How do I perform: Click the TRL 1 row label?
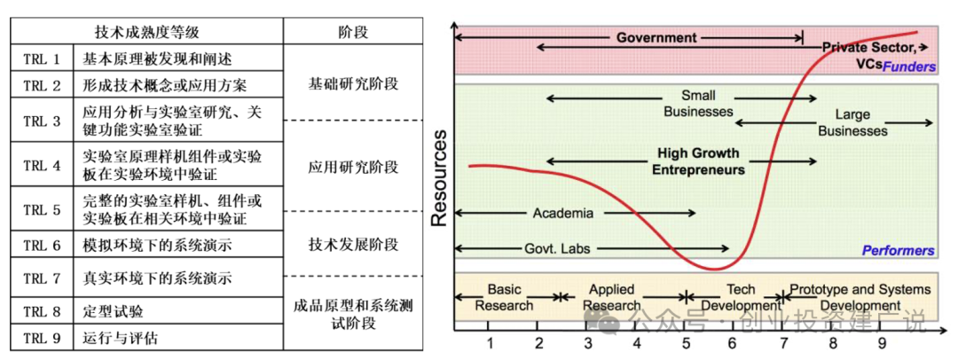click(x=42, y=60)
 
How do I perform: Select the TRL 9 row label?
click(x=42, y=338)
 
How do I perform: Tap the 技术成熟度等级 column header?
click(x=147, y=32)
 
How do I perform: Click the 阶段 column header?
click(x=353, y=32)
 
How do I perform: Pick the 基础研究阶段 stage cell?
click(x=353, y=84)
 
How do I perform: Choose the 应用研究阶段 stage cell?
click(x=353, y=167)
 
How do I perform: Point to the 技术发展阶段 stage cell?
click(x=353, y=244)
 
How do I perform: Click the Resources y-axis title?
click(x=439, y=178)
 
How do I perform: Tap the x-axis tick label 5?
click(x=685, y=343)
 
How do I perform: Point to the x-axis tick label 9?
click(x=881, y=343)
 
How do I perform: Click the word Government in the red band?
click(x=656, y=38)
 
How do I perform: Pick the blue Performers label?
click(x=898, y=251)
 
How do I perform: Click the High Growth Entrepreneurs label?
click(x=698, y=161)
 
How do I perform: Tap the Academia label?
click(x=562, y=213)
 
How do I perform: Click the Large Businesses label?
click(x=852, y=122)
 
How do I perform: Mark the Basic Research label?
click(x=504, y=297)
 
